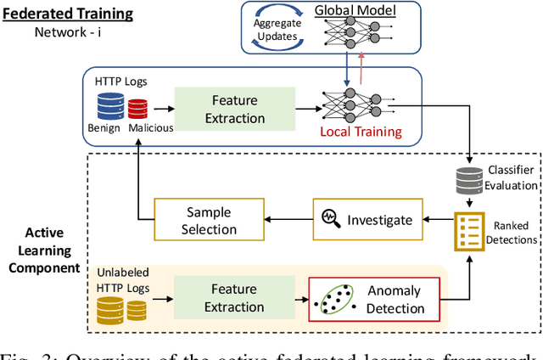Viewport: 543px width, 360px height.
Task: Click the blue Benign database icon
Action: click(x=111, y=107)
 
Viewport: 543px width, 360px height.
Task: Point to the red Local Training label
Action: click(x=361, y=132)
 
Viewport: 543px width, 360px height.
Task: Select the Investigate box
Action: click(x=367, y=220)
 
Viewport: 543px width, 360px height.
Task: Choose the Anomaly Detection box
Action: click(x=374, y=299)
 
